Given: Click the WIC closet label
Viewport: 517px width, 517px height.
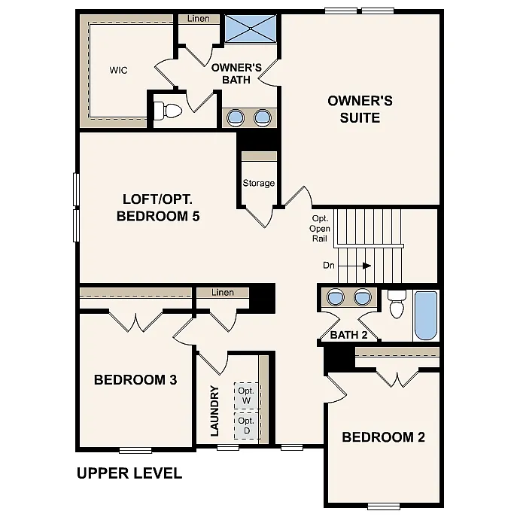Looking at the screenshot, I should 118,70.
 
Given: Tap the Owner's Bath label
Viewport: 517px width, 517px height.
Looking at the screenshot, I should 236,73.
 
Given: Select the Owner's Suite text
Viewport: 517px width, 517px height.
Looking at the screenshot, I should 359,109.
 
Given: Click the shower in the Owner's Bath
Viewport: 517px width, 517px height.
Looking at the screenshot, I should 251,29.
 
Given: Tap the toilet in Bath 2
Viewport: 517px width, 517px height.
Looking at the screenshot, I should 397,305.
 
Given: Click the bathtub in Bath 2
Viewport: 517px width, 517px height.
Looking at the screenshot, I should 425,315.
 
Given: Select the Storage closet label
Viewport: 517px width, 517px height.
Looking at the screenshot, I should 258,183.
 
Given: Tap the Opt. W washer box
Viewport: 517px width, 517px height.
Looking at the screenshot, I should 246,395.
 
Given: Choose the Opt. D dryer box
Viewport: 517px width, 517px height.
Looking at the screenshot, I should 246,425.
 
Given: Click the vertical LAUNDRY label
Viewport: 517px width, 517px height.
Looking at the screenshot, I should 214,411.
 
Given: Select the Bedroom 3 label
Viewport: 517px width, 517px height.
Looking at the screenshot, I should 135,380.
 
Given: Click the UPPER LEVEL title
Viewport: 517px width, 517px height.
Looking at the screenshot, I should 129,473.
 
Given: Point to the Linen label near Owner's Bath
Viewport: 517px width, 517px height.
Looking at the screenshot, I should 199,18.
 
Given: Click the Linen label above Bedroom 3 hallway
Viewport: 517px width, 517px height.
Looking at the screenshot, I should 223,292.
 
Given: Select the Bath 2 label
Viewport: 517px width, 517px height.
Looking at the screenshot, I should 348,335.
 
